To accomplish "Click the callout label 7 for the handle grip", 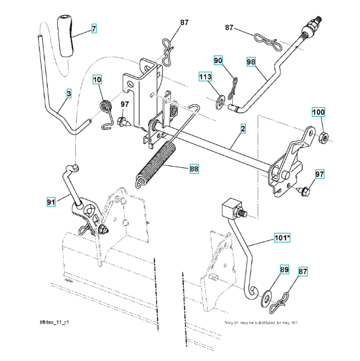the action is point(94,28).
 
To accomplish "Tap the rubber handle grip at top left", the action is point(65,35).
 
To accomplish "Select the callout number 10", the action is point(97,79).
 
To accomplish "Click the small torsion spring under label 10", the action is point(107,114).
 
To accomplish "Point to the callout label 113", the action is point(205,76).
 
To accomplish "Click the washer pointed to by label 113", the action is point(220,102).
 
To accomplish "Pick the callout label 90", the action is point(218,60).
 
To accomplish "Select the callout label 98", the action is point(251,62).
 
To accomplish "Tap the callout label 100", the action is point(318,112).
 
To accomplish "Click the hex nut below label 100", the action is point(324,137).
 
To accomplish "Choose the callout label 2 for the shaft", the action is point(243,129).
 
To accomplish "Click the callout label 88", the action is point(194,168).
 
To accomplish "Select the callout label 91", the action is point(51,202).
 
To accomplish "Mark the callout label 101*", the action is point(282,238).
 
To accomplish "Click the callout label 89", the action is point(284,270).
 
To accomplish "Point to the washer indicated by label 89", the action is point(267,299).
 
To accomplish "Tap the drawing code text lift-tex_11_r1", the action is point(54,322).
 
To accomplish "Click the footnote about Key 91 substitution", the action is point(261,322).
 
